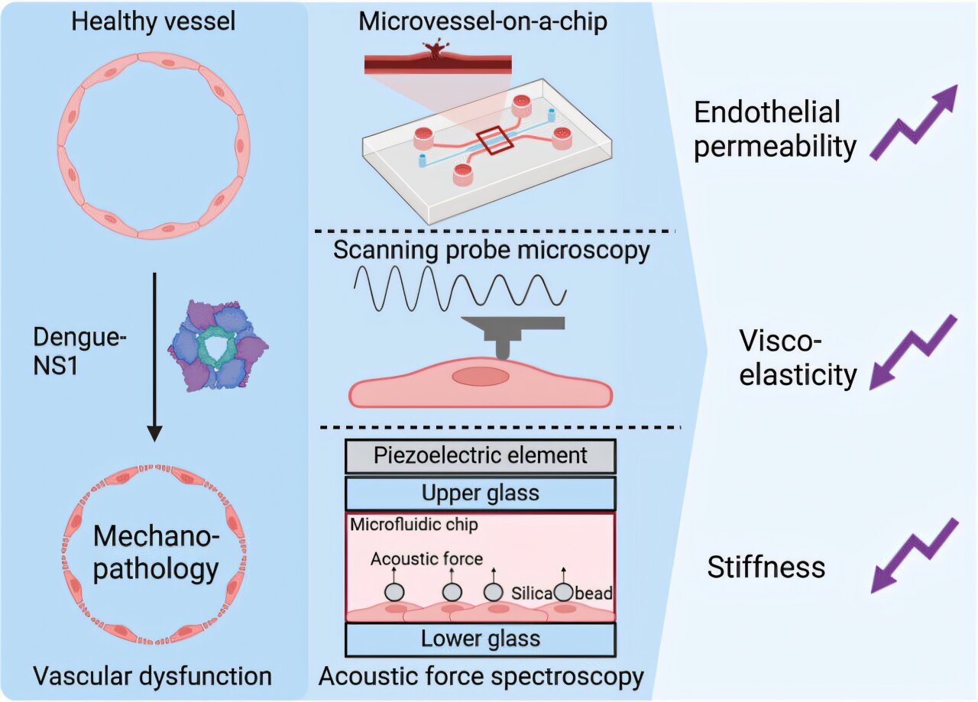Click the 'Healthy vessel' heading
(x=153, y=21)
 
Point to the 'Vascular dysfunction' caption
(x=153, y=675)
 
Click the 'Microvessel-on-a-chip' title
(x=483, y=21)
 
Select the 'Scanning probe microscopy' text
(x=491, y=251)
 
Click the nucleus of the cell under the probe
(x=480, y=377)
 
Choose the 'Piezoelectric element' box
(x=481, y=456)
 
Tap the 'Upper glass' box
(x=481, y=493)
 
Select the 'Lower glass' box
(x=481, y=639)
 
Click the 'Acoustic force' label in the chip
(x=426, y=559)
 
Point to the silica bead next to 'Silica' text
(x=563, y=591)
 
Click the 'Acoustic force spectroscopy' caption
(x=481, y=676)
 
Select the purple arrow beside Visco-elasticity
(x=914, y=351)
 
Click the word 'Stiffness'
(x=766, y=568)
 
